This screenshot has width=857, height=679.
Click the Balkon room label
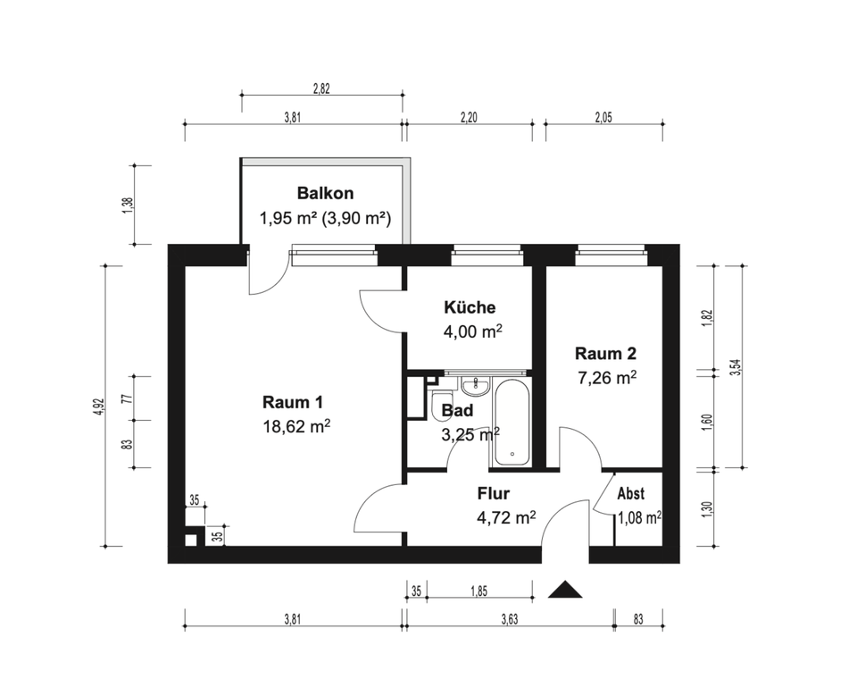[325, 193]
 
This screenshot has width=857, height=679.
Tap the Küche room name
[470, 307]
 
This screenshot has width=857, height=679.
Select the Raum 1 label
[293, 402]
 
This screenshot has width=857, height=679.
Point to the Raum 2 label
[605, 354]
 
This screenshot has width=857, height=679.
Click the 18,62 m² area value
[296, 426]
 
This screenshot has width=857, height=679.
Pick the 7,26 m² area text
[607, 378]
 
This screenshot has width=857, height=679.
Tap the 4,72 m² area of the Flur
[506, 517]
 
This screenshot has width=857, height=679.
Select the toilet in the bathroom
[440, 406]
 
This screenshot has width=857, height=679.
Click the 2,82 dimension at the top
[321, 88]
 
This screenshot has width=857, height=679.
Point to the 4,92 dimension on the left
[98, 407]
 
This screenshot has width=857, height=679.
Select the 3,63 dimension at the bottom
[510, 619]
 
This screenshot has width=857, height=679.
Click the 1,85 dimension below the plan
[478, 591]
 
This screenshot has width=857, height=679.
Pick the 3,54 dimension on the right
[736, 366]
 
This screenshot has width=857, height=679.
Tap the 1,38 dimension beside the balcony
[129, 205]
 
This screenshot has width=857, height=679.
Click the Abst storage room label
[631, 493]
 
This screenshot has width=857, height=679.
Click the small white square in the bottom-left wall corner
[190, 541]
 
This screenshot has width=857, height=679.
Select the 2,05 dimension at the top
[604, 117]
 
